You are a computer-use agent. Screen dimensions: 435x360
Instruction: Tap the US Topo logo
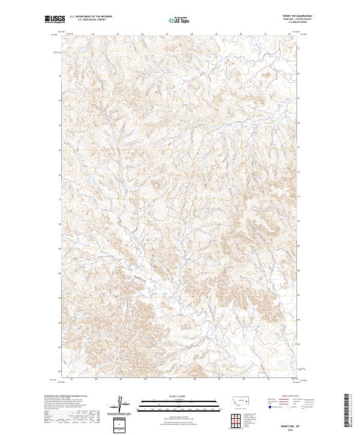click(181, 20)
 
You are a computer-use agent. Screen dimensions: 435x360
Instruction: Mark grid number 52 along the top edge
click(289, 35)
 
